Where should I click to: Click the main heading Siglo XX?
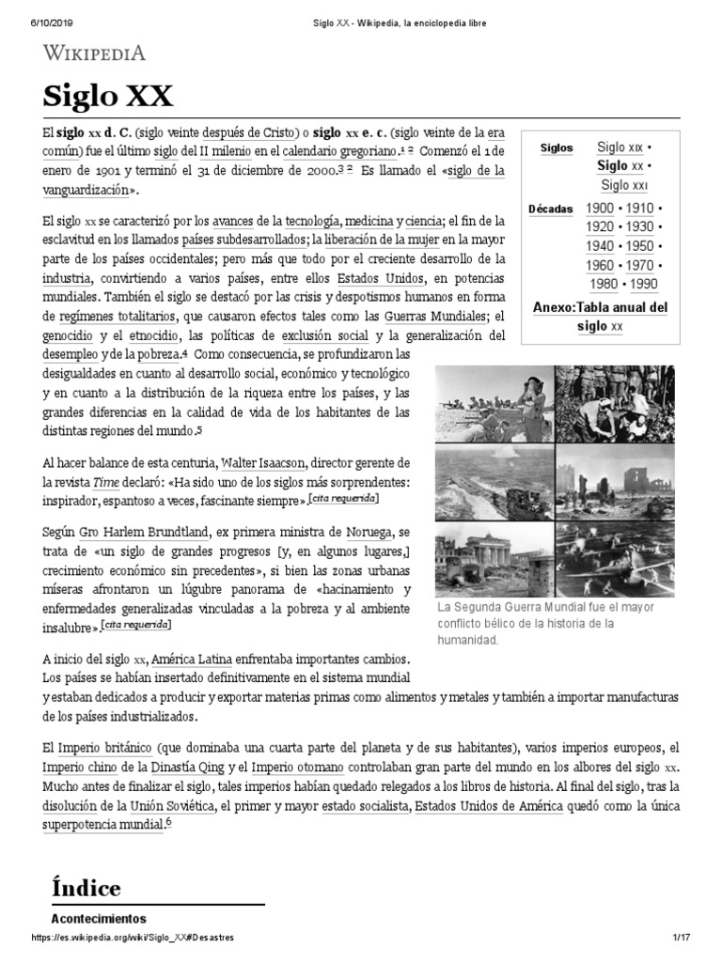(x=107, y=97)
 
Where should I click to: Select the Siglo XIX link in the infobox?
(x=620, y=147)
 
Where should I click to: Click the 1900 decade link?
(x=600, y=208)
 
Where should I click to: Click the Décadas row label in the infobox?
(x=551, y=209)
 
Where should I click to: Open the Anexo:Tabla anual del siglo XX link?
(x=600, y=317)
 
